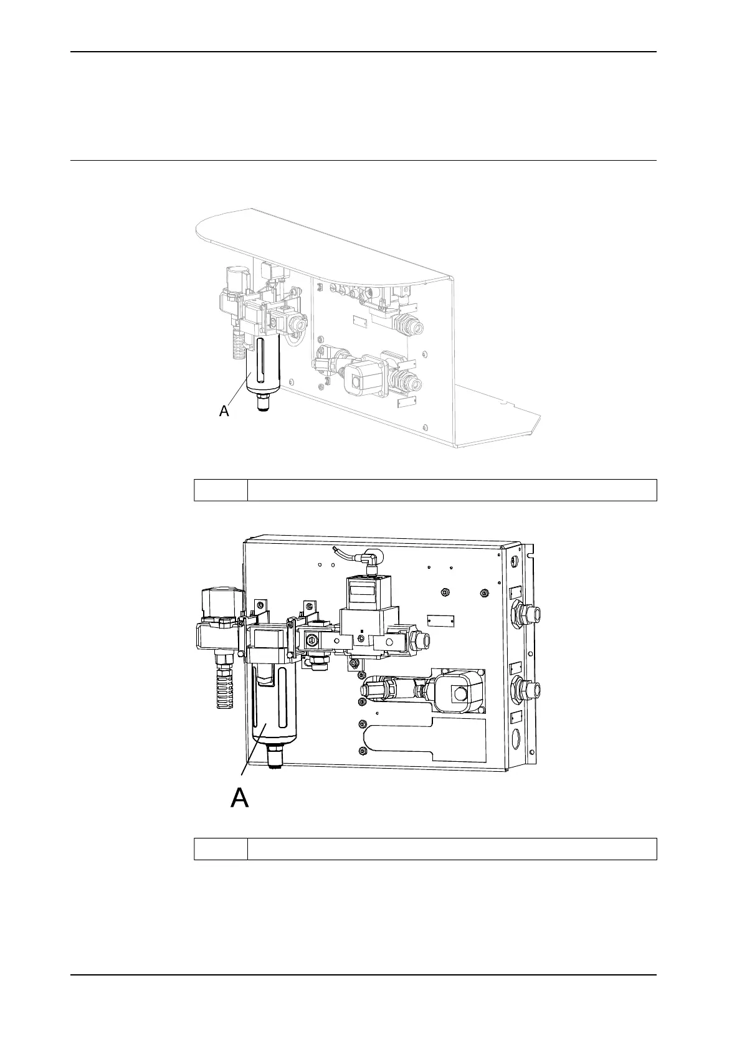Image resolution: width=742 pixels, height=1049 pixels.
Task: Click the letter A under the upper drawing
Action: (224, 411)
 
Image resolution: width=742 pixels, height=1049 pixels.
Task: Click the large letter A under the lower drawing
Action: (240, 797)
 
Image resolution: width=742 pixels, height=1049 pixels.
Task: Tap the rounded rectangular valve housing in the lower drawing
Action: (457, 689)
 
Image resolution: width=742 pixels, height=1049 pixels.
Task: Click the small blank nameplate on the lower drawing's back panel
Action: (440, 622)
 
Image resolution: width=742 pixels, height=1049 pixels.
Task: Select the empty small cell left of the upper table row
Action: (221, 490)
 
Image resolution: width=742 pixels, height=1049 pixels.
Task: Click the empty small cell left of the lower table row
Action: (221, 849)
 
